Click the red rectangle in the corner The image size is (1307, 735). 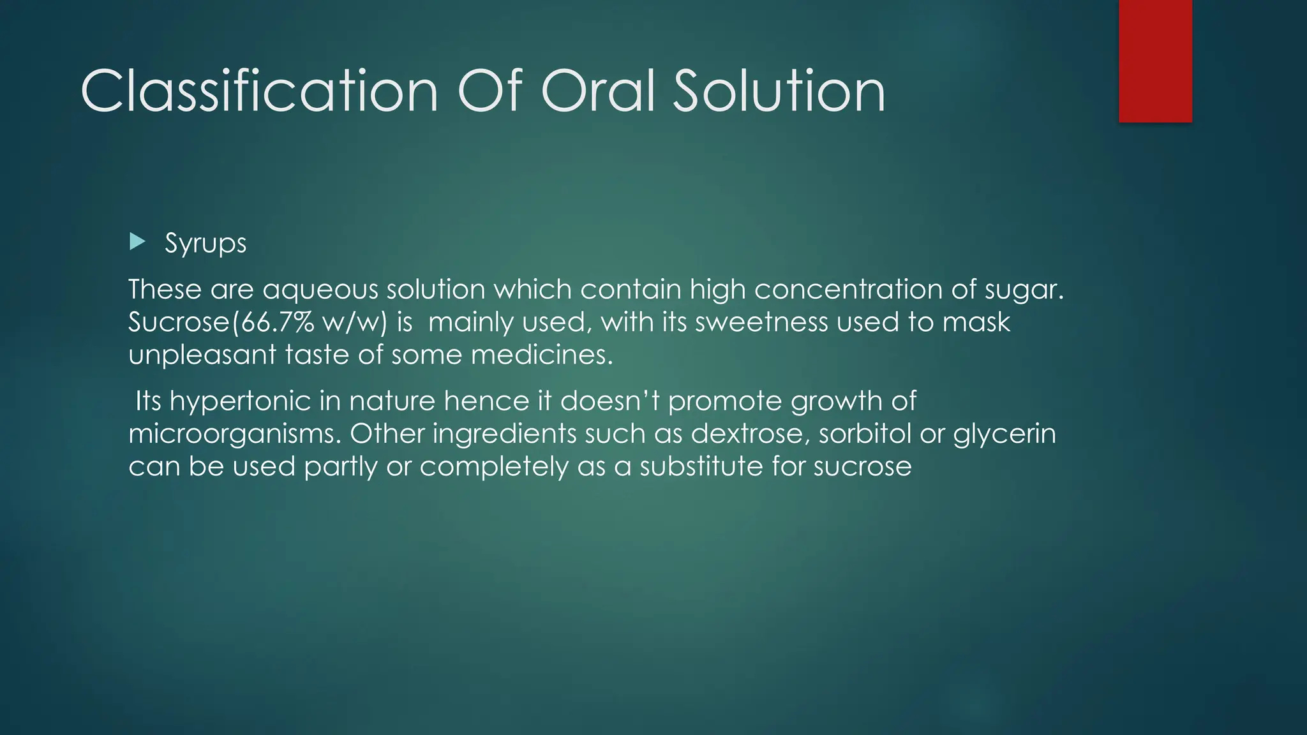pyautogui.click(x=1155, y=61)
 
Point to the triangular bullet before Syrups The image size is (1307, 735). pyautogui.click(x=137, y=242)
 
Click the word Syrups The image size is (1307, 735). pyautogui.click(x=205, y=244)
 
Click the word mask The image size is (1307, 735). pyautogui.click(x=976, y=322)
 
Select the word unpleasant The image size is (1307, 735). pyautogui.click(x=202, y=355)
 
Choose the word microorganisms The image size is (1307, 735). pyautogui.click(x=235, y=434)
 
